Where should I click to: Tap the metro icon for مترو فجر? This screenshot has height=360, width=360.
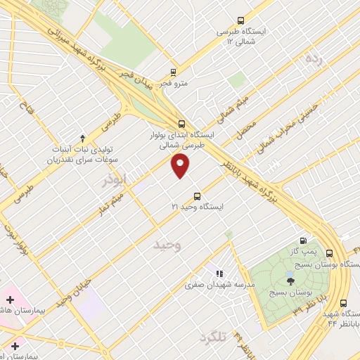tap(174, 72)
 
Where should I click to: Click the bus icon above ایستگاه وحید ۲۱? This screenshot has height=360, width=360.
tap(196, 196)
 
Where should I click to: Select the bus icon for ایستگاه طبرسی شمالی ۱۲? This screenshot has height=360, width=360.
tap(241, 21)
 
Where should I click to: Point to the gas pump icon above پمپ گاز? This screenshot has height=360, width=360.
tap(304, 240)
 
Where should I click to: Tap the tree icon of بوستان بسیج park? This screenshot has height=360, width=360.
tap(290, 281)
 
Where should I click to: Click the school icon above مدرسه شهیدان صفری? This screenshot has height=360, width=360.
tap(219, 273)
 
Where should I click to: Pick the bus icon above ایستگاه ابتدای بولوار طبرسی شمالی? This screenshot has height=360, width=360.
tap(181, 122)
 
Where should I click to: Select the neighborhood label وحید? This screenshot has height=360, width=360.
tap(168, 245)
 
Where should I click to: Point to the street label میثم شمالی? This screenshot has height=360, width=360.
tap(233, 108)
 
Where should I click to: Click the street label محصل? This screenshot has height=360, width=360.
tap(246, 127)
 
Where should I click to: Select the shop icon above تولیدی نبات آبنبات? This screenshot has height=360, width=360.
tap(82, 137)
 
